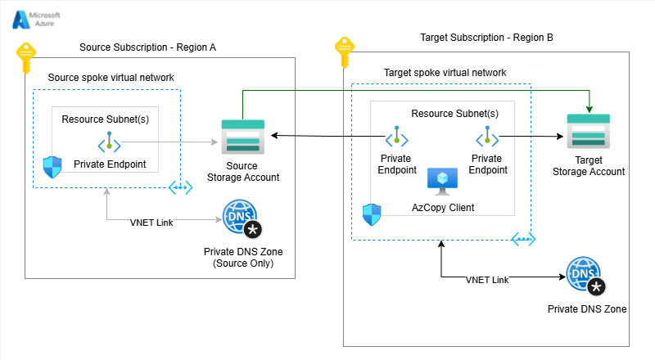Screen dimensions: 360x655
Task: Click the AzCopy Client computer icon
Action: (x=443, y=182)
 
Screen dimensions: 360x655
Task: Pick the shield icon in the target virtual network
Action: (x=372, y=214)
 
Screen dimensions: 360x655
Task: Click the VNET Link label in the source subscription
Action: (x=151, y=222)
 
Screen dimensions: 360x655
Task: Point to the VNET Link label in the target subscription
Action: (x=487, y=280)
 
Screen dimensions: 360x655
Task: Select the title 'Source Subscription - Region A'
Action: (x=147, y=47)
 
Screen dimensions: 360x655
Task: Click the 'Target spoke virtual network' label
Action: (x=445, y=73)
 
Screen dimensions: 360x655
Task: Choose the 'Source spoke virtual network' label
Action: (x=111, y=78)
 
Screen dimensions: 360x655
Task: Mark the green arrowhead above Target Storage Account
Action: (x=588, y=109)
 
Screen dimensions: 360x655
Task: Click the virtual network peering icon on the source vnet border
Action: (x=181, y=187)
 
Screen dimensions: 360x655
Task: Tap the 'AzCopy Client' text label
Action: (x=442, y=208)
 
